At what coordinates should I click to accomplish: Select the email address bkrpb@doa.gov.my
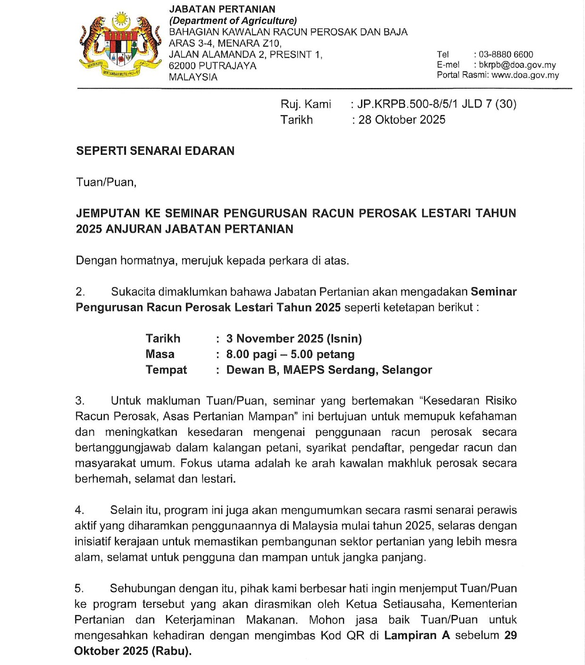coord(517,65)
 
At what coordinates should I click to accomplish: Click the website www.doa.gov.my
coord(525,75)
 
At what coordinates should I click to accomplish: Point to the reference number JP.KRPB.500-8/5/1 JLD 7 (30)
coord(437,104)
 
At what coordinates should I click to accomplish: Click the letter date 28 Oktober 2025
coord(401,120)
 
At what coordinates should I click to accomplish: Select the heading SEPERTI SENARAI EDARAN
coord(155,151)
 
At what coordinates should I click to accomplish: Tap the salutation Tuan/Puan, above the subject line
coord(106,182)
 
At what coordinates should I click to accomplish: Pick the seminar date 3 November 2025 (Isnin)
coord(294,338)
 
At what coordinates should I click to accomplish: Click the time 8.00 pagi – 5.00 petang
coord(290,354)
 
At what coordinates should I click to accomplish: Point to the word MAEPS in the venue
coord(304,370)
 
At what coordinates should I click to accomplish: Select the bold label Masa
coord(160,354)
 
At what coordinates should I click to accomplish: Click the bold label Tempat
coord(166,370)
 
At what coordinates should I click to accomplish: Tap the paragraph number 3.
coord(80,401)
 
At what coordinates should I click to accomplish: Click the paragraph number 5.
coord(79,589)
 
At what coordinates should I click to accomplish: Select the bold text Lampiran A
coord(417,635)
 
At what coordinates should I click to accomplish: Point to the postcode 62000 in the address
coord(182,66)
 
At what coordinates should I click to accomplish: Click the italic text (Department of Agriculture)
coord(233,21)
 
